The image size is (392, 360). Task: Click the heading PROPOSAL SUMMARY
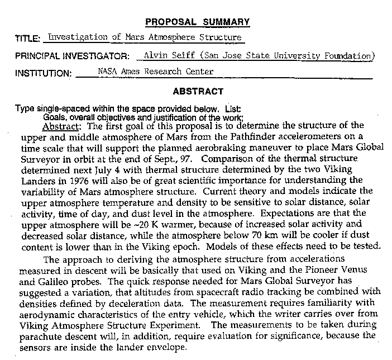pos(197,22)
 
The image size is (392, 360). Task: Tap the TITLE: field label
pos(27,39)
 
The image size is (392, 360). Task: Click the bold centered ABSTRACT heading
pos(198,91)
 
